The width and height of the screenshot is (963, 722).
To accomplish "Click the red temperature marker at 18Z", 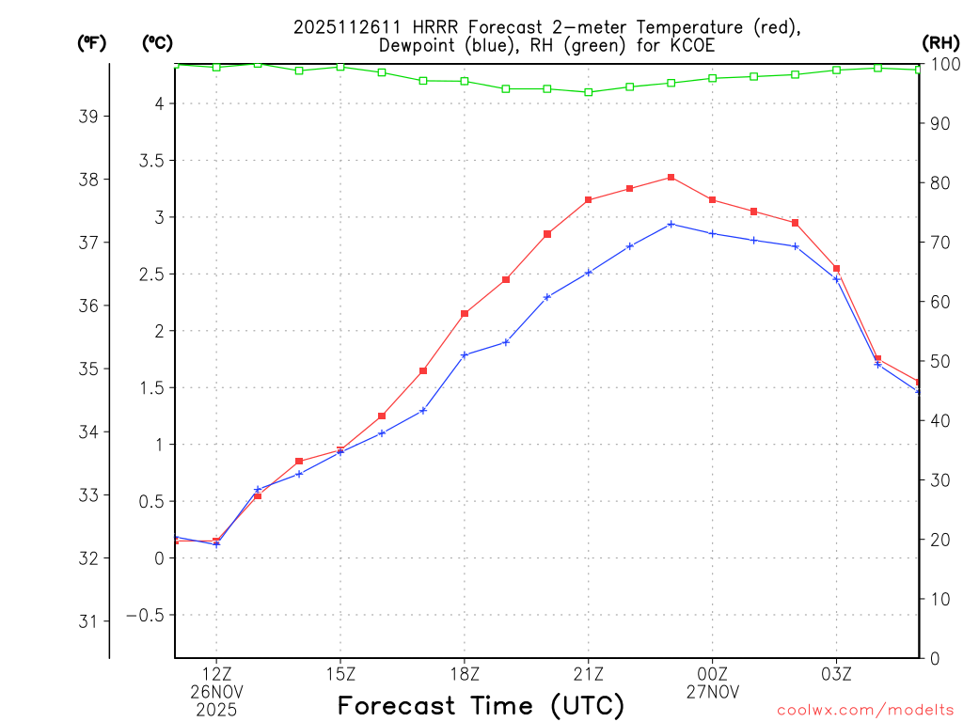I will [465, 313].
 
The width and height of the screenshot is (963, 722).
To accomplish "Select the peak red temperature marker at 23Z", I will [671, 177].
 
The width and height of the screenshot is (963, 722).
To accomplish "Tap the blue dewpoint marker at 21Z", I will [589, 273].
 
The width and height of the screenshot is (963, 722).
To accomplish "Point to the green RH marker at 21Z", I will [589, 92].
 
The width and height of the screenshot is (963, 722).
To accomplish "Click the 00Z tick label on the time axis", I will [712, 674].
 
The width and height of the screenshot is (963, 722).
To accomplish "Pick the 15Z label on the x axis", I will [340, 674].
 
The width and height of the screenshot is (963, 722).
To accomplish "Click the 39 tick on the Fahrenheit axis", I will [89, 117].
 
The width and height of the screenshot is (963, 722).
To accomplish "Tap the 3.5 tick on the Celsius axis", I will [151, 161].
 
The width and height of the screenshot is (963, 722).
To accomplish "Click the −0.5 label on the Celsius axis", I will [147, 615].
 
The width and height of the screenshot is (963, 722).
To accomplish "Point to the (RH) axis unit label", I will [940, 42].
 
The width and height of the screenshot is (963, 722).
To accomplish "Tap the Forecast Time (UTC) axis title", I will [481, 705].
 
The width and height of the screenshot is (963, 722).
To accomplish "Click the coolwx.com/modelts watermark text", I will [865, 710].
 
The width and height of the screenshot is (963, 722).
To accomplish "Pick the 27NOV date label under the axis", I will [712, 692].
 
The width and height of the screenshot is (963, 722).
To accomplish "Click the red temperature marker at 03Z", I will [836, 269].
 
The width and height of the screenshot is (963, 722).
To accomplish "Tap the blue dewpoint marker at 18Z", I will [465, 354].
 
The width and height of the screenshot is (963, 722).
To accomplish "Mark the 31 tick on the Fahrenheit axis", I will [89, 621].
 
